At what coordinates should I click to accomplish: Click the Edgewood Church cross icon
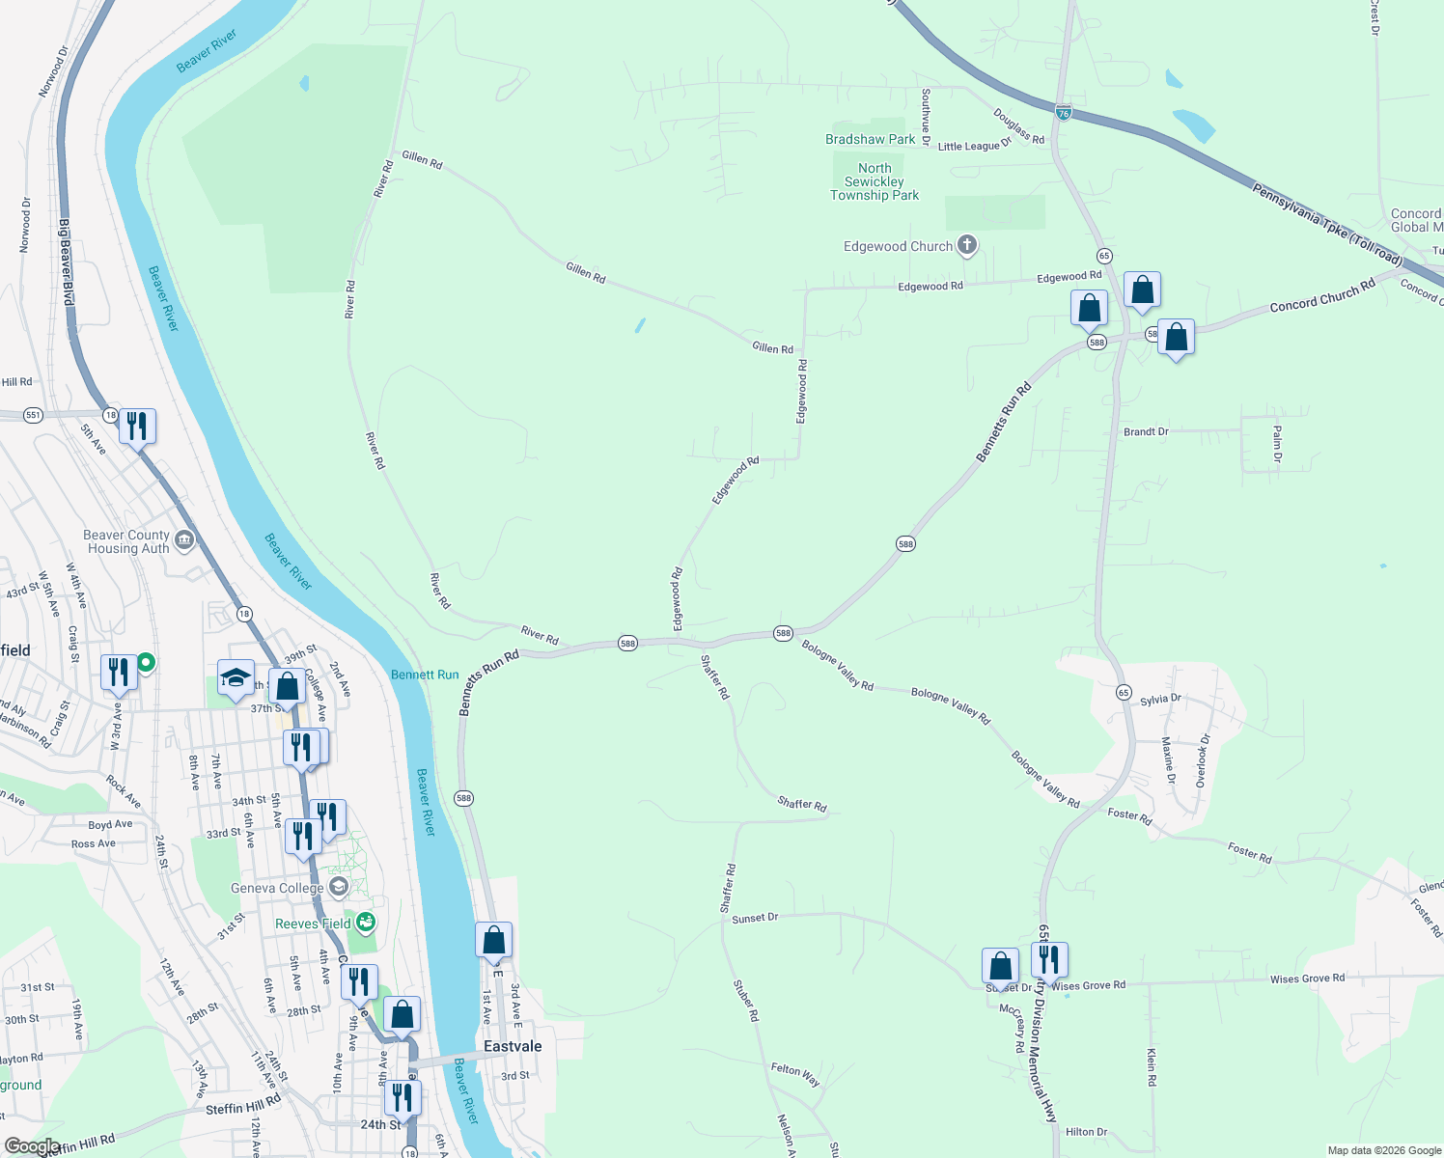966,245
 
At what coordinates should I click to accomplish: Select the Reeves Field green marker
365,923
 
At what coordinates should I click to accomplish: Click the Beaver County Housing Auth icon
184,539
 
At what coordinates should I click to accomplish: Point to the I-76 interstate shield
1063,112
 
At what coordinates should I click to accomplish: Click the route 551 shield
34,415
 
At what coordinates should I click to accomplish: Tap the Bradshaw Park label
870,139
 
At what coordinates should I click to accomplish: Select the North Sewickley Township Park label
875,181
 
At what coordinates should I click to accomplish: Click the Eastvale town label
513,1046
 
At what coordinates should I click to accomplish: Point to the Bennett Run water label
425,675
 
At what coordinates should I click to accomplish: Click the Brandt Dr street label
1146,431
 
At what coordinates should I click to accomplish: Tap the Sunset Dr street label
755,918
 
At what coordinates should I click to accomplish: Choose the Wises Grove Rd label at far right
1307,979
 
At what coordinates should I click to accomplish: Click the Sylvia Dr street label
1160,699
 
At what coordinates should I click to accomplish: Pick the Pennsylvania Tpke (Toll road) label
1327,224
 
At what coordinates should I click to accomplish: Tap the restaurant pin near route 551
137,426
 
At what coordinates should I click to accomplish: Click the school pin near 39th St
236,676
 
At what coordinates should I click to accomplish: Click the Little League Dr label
974,146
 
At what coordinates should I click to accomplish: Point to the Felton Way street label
795,1074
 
